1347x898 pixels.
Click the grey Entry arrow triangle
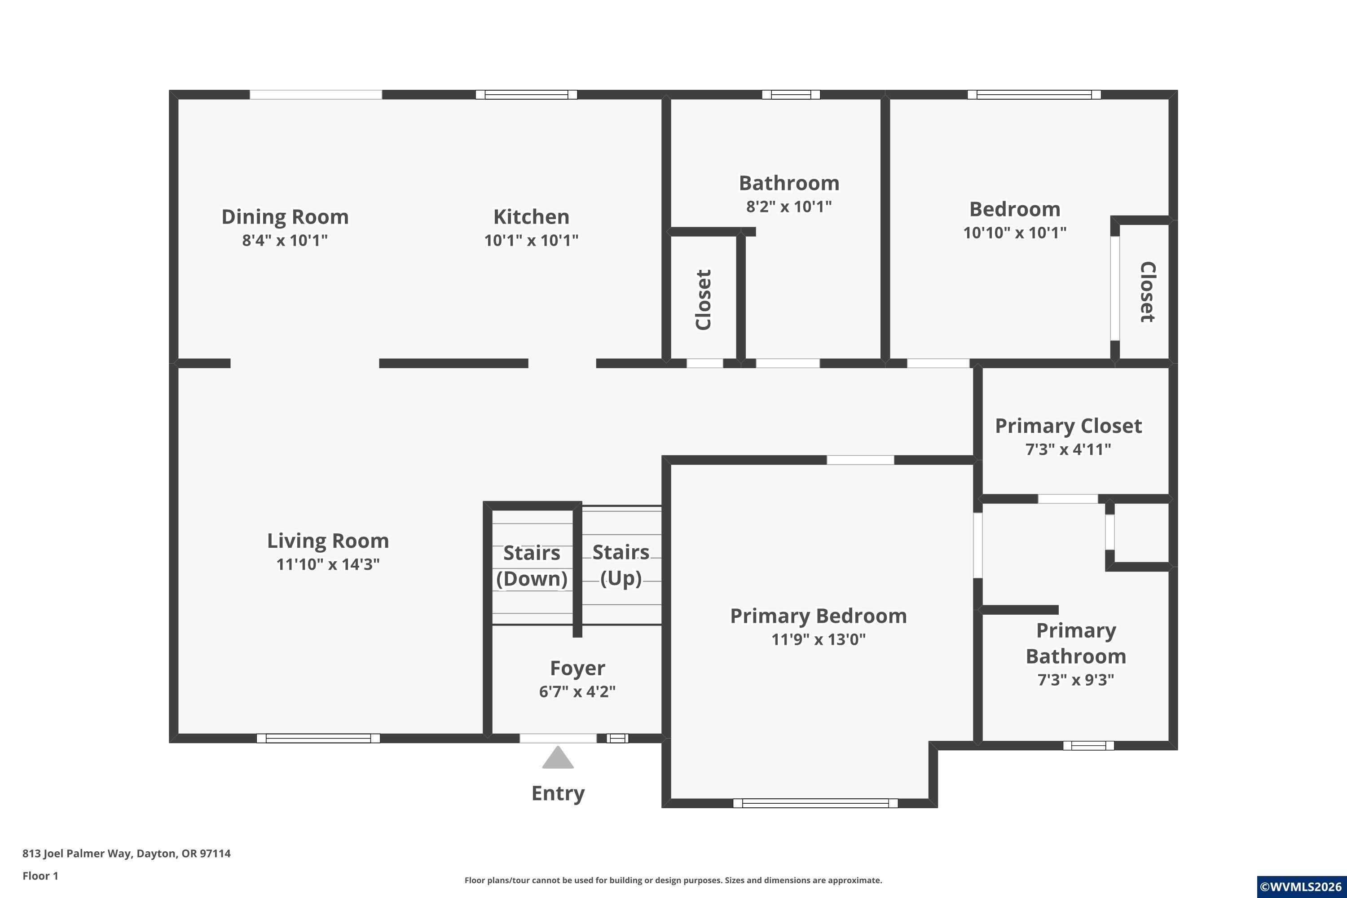[x=558, y=758]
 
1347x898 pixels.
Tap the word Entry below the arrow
[x=558, y=794]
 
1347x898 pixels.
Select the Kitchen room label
[x=532, y=216]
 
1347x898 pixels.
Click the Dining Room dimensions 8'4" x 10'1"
[x=285, y=240]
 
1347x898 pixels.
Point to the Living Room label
[x=328, y=541]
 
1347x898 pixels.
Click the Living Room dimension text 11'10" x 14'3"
[x=328, y=564]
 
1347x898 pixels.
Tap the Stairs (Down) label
[x=532, y=566]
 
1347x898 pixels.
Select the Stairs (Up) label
[x=621, y=565]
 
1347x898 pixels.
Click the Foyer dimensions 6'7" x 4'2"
[x=577, y=691]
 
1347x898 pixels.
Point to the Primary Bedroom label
[x=819, y=616]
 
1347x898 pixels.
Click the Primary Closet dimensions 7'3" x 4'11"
[x=1068, y=449]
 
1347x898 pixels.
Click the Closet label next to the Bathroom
[x=703, y=299]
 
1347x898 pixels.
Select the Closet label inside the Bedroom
[x=1147, y=292]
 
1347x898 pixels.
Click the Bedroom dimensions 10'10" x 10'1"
[x=1015, y=233]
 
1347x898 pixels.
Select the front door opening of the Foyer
[x=558, y=738]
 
